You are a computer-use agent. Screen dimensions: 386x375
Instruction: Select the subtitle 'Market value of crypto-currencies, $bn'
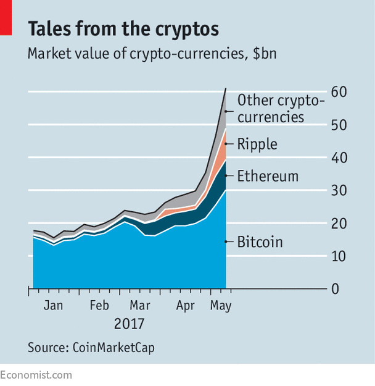(x=152, y=53)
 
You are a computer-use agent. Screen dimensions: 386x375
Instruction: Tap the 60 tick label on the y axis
(x=339, y=92)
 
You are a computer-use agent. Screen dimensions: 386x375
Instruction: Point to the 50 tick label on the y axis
(x=339, y=125)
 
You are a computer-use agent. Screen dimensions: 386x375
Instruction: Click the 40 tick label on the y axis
(x=339, y=157)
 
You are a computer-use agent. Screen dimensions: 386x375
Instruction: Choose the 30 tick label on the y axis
(x=339, y=190)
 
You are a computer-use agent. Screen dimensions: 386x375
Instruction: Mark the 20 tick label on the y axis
(x=339, y=223)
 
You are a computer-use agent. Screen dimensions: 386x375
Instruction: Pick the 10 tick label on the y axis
(x=339, y=256)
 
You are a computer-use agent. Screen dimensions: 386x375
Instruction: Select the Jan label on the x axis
(x=54, y=305)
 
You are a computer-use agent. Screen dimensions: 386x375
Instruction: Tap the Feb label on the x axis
(x=99, y=305)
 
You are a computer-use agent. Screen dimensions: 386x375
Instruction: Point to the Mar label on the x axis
(x=140, y=305)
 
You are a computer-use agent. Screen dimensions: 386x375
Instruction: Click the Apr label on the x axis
(x=186, y=305)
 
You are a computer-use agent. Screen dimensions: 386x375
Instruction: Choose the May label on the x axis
(x=220, y=305)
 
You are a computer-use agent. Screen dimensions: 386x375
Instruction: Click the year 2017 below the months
(x=129, y=324)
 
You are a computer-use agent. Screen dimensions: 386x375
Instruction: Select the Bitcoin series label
(x=260, y=241)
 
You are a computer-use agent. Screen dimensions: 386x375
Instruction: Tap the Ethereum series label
(x=268, y=176)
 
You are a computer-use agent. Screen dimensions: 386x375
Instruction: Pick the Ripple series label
(x=257, y=144)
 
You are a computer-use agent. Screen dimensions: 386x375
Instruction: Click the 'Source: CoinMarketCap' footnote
(x=91, y=347)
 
